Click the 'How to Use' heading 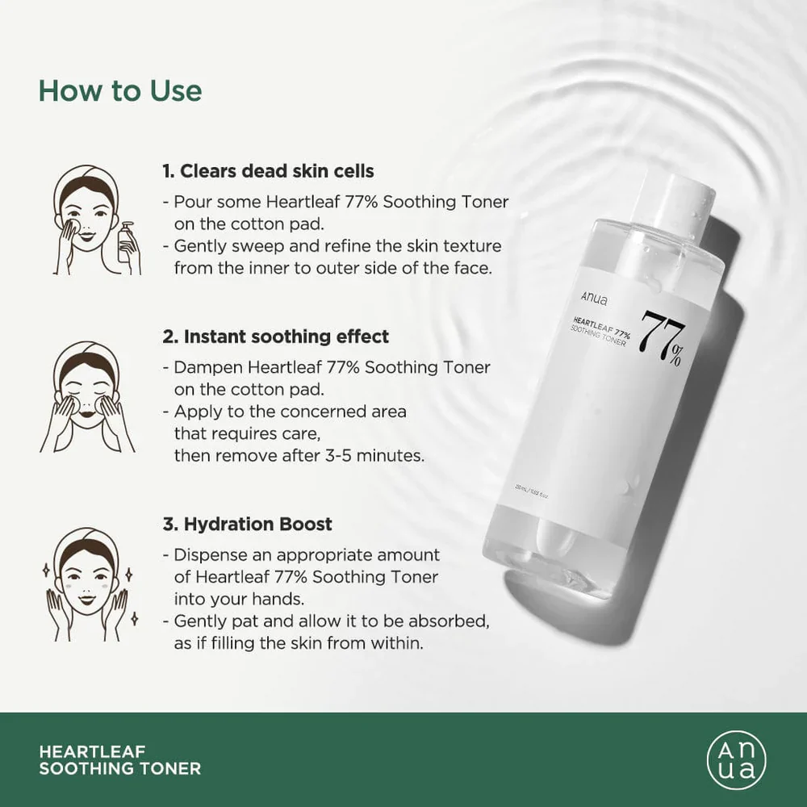point(120,90)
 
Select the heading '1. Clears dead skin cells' point(268,171)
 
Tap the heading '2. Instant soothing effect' point(275,336)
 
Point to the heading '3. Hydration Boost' point(247,524)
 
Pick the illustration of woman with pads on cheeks point(87,395)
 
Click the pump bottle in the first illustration point(127,244)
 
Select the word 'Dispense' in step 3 point(206,555)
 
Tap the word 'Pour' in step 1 point(190,202)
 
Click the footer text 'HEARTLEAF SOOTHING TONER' point(119,759)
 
